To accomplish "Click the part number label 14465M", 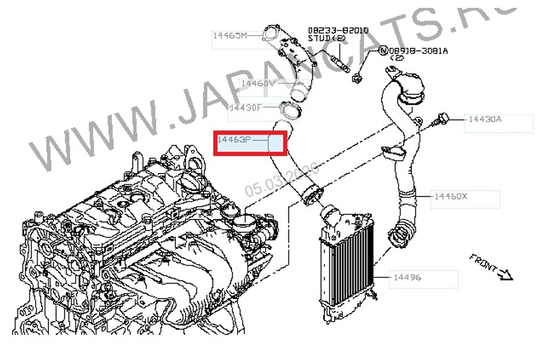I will [229, 36].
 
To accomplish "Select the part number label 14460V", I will [258, 83].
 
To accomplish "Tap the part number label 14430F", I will [245, 107].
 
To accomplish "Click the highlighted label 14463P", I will [234, 140].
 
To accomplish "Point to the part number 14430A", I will [485, 118].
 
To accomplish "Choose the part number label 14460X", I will [450, 196].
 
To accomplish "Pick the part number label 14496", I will [408, 277].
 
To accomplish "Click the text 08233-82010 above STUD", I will [331, 30].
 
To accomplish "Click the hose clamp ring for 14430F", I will [291, 111].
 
